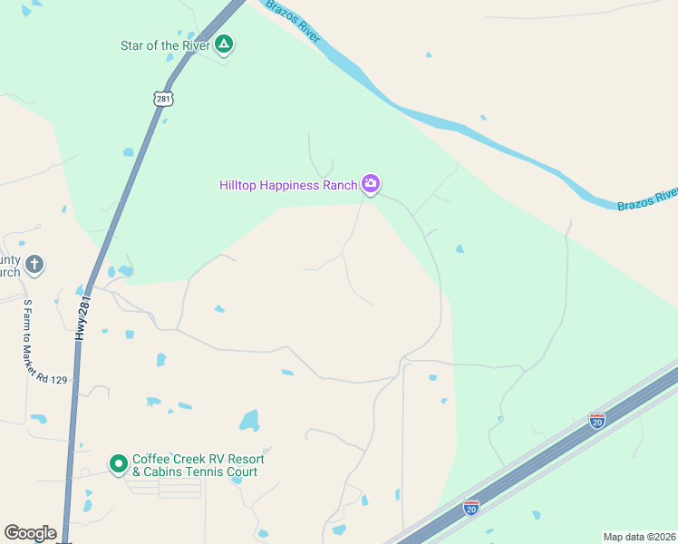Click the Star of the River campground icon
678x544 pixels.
point(224,44)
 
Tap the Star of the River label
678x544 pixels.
point(166,45)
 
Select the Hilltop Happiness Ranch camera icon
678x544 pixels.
point(370,184)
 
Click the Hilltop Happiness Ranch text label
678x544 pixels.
point(288,185)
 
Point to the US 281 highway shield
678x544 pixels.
point(163,99)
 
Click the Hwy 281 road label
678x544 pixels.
point(82,317)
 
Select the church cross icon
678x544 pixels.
point(34,264)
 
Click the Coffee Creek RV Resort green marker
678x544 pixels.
point(118,464)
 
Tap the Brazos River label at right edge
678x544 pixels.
point(647,199)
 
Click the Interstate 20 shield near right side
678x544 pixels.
point(596,420)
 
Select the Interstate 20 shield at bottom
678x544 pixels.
point(470,508)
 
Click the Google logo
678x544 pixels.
point(31,533)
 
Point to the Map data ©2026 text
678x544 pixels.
point(639,537)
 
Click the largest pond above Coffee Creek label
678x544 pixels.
point(248,420)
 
